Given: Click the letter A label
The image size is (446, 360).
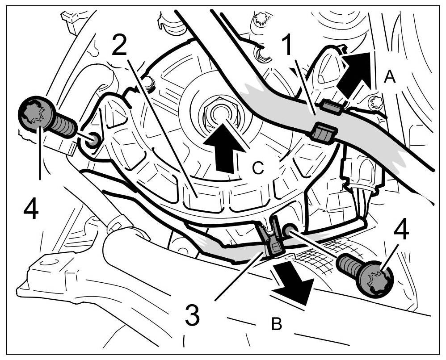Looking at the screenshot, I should pyautogui.click(x=390, y=78).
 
